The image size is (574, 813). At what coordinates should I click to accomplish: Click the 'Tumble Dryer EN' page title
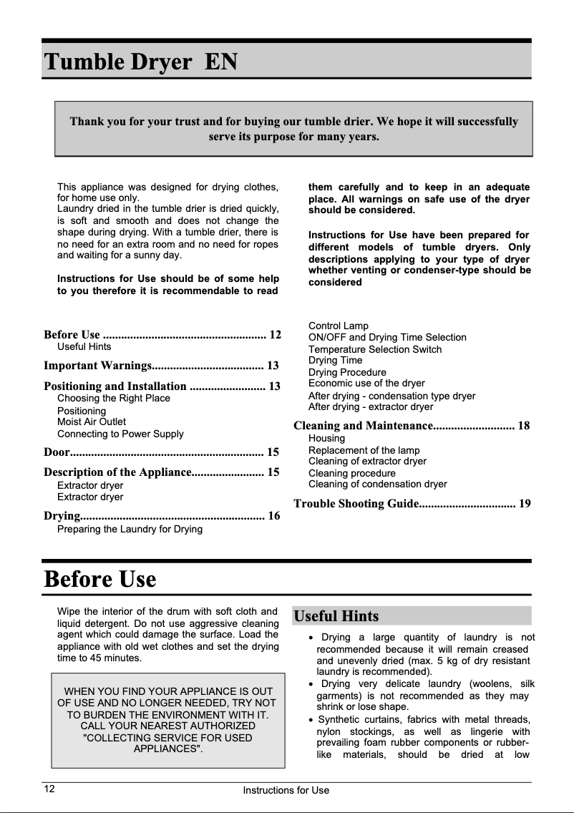point(140,62)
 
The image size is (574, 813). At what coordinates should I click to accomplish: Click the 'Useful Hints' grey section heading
point(336,616)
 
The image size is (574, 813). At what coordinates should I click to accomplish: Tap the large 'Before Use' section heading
point(100,578)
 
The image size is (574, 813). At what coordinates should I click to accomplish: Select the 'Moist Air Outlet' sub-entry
point(91,422)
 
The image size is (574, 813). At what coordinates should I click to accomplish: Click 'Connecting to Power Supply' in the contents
point(120,434)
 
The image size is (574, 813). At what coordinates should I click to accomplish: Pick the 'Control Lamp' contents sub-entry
point(338,326)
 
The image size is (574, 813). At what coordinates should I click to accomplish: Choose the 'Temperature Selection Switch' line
point(374,349)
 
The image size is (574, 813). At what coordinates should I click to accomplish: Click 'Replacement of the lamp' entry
point(364,450)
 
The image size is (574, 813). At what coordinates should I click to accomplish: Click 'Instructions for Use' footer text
point(286,790)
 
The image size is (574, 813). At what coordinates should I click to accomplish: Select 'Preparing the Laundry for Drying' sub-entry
point(129,529)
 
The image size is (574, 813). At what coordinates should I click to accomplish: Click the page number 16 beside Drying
point(273,516)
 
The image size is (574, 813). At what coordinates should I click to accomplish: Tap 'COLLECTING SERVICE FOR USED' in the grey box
point(167,737)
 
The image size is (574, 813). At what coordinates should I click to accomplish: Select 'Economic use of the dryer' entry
point(366,384)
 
